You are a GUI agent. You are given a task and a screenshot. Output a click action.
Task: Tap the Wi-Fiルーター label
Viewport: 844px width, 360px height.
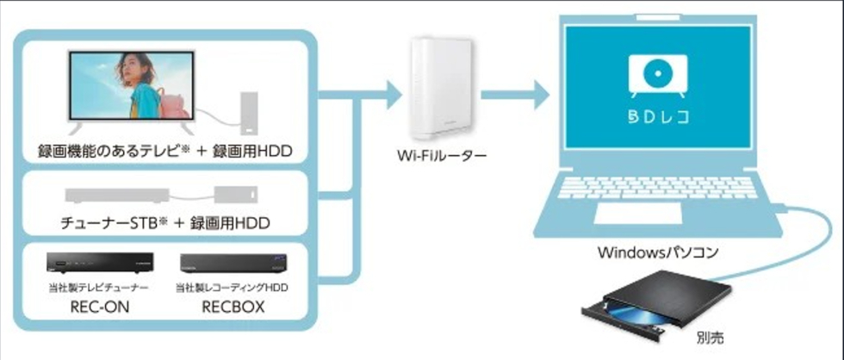click(441, 158)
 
